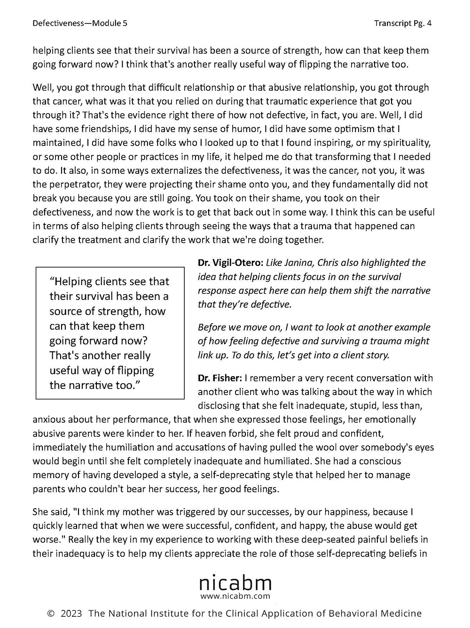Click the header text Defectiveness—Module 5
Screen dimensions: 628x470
[x=80, y=23]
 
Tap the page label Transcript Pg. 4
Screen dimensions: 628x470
[x=403, y=23]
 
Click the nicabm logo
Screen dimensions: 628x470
[x=235, y=583]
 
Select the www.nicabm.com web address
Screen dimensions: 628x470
[x=235, y=596]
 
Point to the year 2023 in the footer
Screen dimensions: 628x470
[x=71, y=613]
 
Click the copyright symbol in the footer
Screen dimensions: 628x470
[x=51, y=613]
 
